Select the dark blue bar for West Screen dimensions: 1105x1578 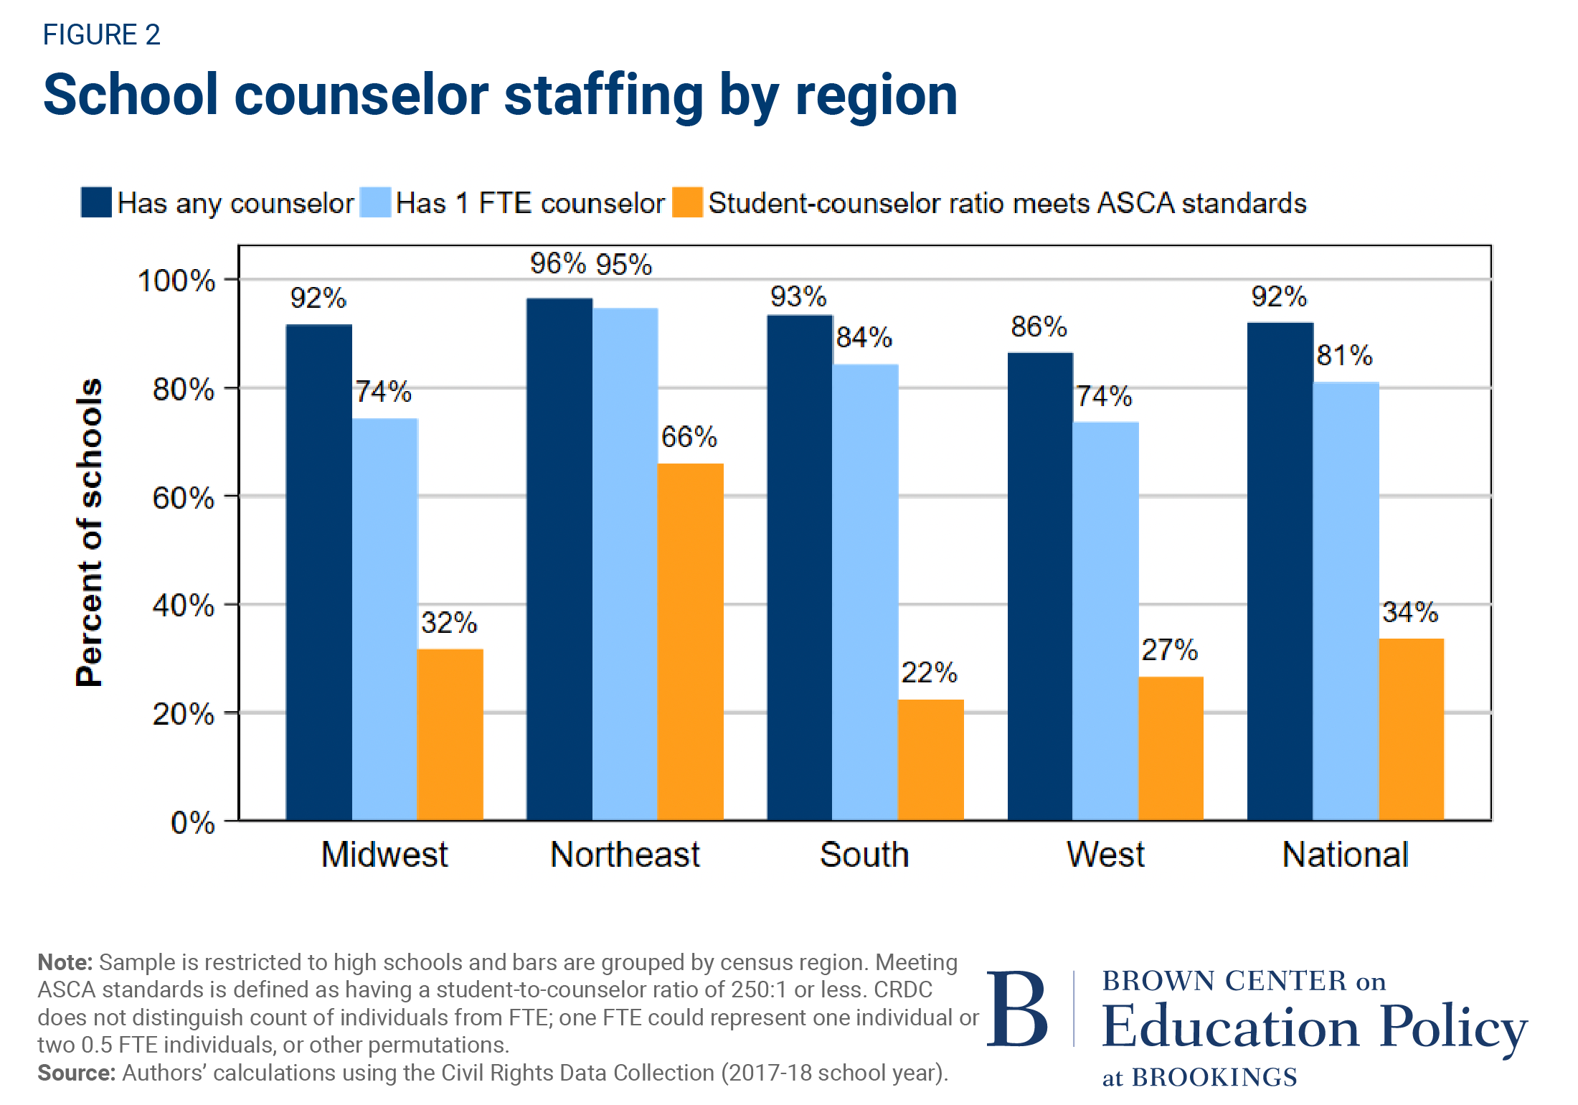tap(1040, 586)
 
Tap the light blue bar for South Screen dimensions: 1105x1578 tap(865, 591)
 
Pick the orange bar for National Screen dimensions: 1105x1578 tap(1411, 728)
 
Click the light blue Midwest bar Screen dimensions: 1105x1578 tap(384, 619)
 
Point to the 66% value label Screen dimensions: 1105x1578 tap(689, 437)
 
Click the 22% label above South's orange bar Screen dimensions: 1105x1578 tap(929, 673)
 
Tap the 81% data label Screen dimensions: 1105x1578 tap(1344, 355)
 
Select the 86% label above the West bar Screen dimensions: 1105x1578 tap(1039, 327)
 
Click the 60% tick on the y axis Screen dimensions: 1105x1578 tap(184, 498)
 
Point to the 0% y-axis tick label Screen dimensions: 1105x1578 tap(192, 822)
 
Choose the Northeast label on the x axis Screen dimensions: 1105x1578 tap(625, 855)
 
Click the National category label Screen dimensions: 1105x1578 tap(1345, 855)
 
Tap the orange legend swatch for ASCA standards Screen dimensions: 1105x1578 tap(687, 202)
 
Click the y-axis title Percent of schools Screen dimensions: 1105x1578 tap(90, 532)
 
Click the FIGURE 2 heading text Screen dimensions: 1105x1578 tap(101, 34)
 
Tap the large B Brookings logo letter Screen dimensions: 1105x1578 tap(1016, 1009)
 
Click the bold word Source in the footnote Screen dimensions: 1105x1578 tap(76, 1073)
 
